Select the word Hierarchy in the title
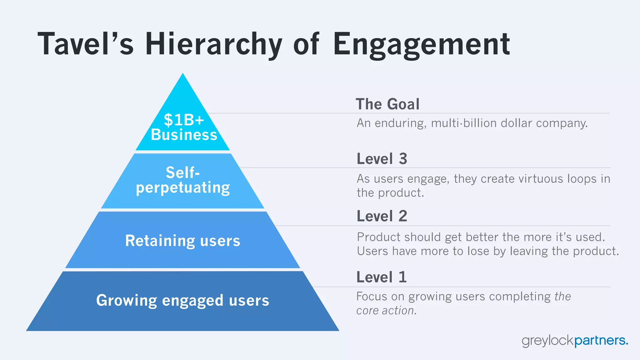pyautogui.click(x=214, y=44)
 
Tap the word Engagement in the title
pyautogui.click(x=422, y=44)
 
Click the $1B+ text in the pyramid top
pyautogui.click(x=184, y=120)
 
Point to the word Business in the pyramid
pyautogui.click(x=184, y=135)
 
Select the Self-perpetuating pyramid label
pyautogui.click(x=183, y=180)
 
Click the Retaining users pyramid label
pyautogui.click(x=183, y=241)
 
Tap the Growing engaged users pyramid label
pyautogui.click(x=182, y=300)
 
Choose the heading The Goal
pyautogui.click(x=387, y=104)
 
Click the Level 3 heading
pyautogui.click(x=382, y=159)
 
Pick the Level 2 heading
pyautogui.click(x=382, y=216)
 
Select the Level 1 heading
pyautogui.click(x=382, y=277)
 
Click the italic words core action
pyautogui.click(x=386, y=311)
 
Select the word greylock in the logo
pyautogui.click(x=548, y=340)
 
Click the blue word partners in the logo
pyautogui.click(x=601, y=340)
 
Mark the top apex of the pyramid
pyautogui.click(x=183, y=74)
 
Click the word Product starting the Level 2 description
pyautogui.click(x=378, y=237)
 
